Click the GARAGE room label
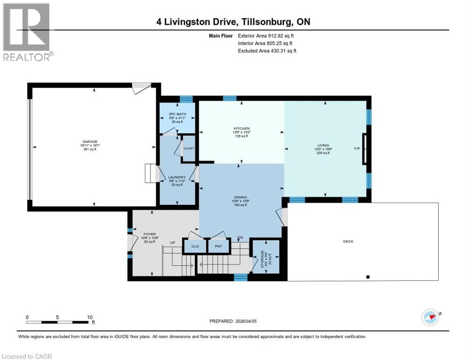(94, 142)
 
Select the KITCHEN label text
(242, 128)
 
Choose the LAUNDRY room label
(177, 177)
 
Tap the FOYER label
(149, 234)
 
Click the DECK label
(348, 241)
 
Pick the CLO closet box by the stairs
(195, 246)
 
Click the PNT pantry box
(218, 246)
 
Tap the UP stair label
(173, 243)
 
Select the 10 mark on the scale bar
(90, 317)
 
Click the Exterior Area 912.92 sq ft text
(266, 35)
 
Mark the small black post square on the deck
(368, 277)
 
